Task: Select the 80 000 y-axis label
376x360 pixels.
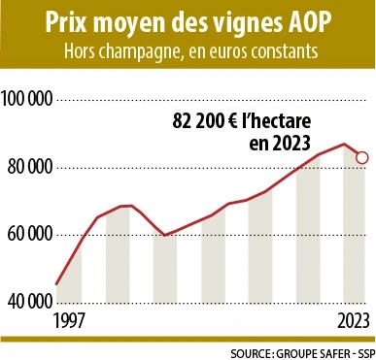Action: (29, 167)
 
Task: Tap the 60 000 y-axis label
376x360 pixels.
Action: (29, 234)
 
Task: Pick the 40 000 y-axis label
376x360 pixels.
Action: (29, 301)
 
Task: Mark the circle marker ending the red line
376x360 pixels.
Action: (361, 157)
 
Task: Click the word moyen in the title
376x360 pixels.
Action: (148, 20)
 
